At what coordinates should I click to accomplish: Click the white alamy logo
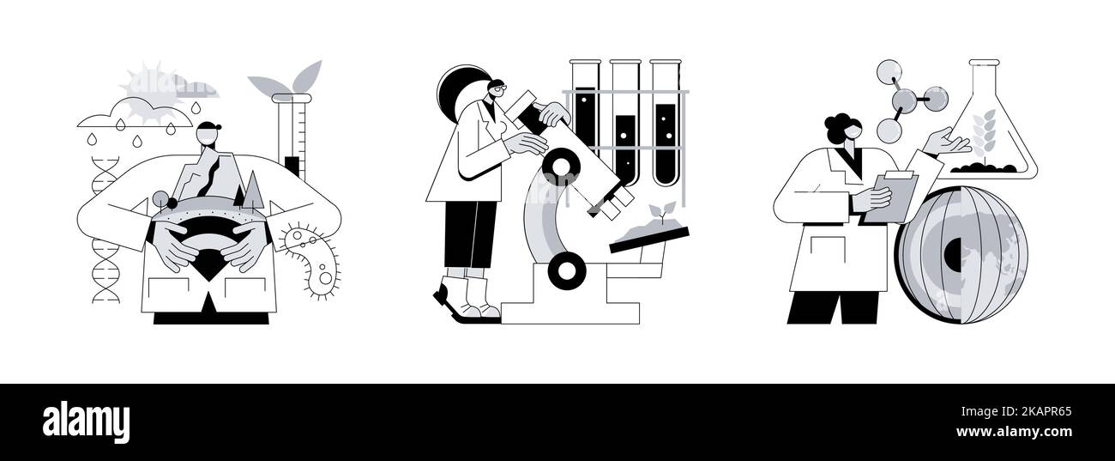(86, 422)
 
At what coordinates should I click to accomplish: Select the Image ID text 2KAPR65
(1044, 412)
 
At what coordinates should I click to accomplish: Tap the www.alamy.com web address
(1014, 432)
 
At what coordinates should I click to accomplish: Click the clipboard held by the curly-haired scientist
(891, 197)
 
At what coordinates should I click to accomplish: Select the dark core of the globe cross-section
(953, 255)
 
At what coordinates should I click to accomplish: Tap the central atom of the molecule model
(904, 100)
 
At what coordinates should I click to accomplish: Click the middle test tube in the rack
(626, 123)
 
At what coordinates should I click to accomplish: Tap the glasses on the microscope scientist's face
(498, 89)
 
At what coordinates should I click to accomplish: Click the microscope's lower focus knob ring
(565, 270)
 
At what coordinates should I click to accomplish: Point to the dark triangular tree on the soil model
(240, 196)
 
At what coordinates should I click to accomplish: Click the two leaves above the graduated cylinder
(286, 80)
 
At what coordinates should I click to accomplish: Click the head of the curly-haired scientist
(844, 130)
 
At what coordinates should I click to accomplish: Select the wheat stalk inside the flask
(984, 136)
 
